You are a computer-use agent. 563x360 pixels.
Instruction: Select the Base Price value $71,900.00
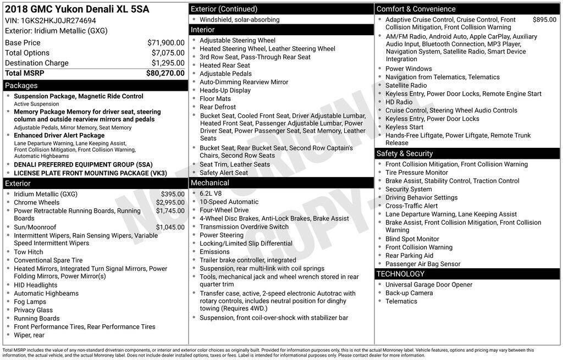point(165,43)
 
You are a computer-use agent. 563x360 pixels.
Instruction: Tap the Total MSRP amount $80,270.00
point(165,73)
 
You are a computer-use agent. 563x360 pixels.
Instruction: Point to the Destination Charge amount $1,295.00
point(168,63)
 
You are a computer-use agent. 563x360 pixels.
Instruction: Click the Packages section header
point(21,86)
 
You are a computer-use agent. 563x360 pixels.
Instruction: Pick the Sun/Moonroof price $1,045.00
point(170,227)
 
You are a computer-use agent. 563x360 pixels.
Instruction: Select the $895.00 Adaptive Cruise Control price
point(544,20)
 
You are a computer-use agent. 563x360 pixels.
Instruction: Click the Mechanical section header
point(210,183)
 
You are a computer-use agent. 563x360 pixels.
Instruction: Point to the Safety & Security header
point(405,154)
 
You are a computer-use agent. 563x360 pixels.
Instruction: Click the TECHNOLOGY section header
point(400,274)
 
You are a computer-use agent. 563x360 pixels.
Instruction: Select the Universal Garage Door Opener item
point(428,285)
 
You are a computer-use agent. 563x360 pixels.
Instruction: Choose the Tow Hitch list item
point(29,252)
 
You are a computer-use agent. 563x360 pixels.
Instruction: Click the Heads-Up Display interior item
point(225,91)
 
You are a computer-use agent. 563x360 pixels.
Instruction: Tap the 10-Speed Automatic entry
point(229,202)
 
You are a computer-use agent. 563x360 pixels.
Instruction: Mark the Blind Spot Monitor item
point(412,239)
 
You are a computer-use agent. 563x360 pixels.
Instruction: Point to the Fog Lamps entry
point(30,302)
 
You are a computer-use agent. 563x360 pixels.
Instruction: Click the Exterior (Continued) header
point(224,9)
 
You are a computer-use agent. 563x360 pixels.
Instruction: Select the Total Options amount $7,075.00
point(168,53)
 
